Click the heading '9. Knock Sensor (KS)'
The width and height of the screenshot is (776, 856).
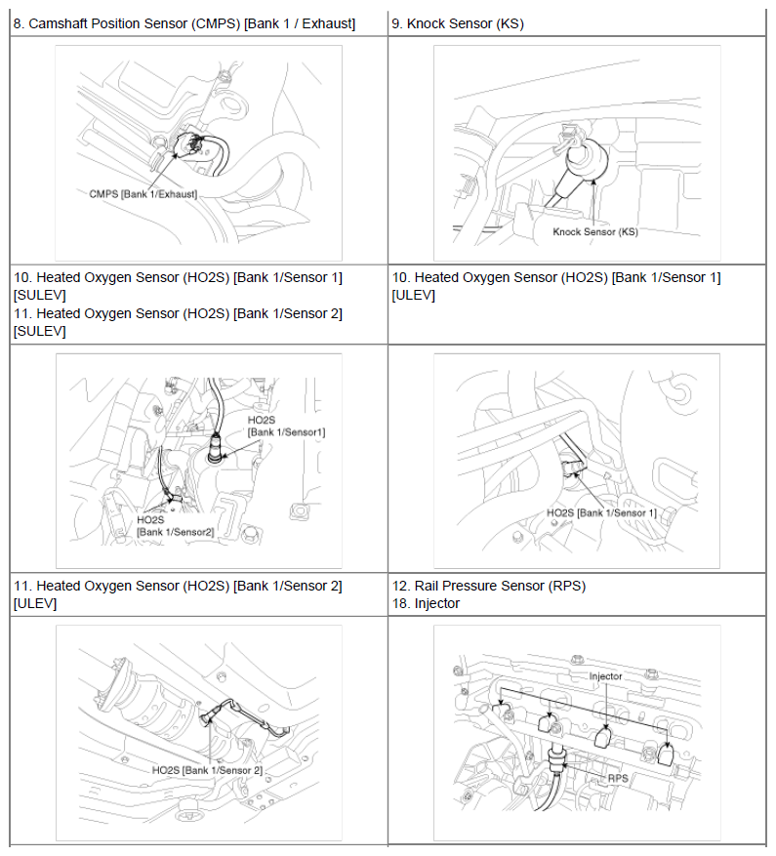(457, 23)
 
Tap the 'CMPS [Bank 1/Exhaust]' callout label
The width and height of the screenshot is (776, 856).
(143, 194)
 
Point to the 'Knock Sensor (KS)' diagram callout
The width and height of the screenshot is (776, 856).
(594, 232)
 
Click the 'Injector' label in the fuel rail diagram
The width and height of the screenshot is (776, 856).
(605, 675)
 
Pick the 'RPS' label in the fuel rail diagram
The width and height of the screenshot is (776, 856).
(618, 778)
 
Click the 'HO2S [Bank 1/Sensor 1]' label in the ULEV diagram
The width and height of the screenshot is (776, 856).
(601, 512)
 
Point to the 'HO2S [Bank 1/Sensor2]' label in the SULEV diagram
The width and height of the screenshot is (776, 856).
(175, 526)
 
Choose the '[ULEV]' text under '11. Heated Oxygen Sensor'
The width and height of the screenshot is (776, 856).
(35, 603)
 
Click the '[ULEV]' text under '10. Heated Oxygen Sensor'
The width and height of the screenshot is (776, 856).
(413, 295)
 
